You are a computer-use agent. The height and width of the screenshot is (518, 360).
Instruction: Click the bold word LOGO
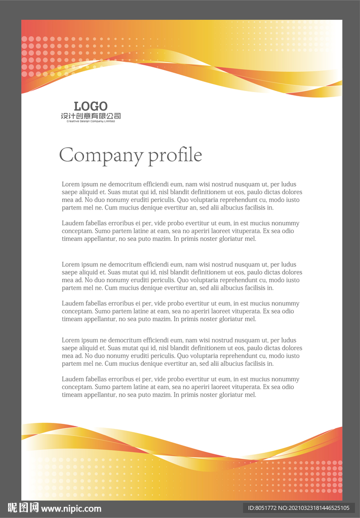(91, 106)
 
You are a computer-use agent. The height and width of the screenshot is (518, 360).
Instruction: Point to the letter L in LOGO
(77, 106)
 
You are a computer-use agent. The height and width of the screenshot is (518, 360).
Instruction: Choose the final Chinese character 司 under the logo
(117, 116)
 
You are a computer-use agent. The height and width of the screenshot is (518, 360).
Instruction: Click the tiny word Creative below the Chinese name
(71, 121)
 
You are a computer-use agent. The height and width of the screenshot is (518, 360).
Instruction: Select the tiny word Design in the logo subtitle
(83, 121)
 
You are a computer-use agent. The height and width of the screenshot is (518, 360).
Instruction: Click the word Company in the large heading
(101, 155)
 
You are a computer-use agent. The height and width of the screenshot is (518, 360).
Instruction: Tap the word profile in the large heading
(175, 155)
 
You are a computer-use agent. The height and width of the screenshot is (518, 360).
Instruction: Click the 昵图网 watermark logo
(23, 508)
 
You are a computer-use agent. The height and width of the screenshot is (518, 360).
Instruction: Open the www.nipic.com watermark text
(71, 509)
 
